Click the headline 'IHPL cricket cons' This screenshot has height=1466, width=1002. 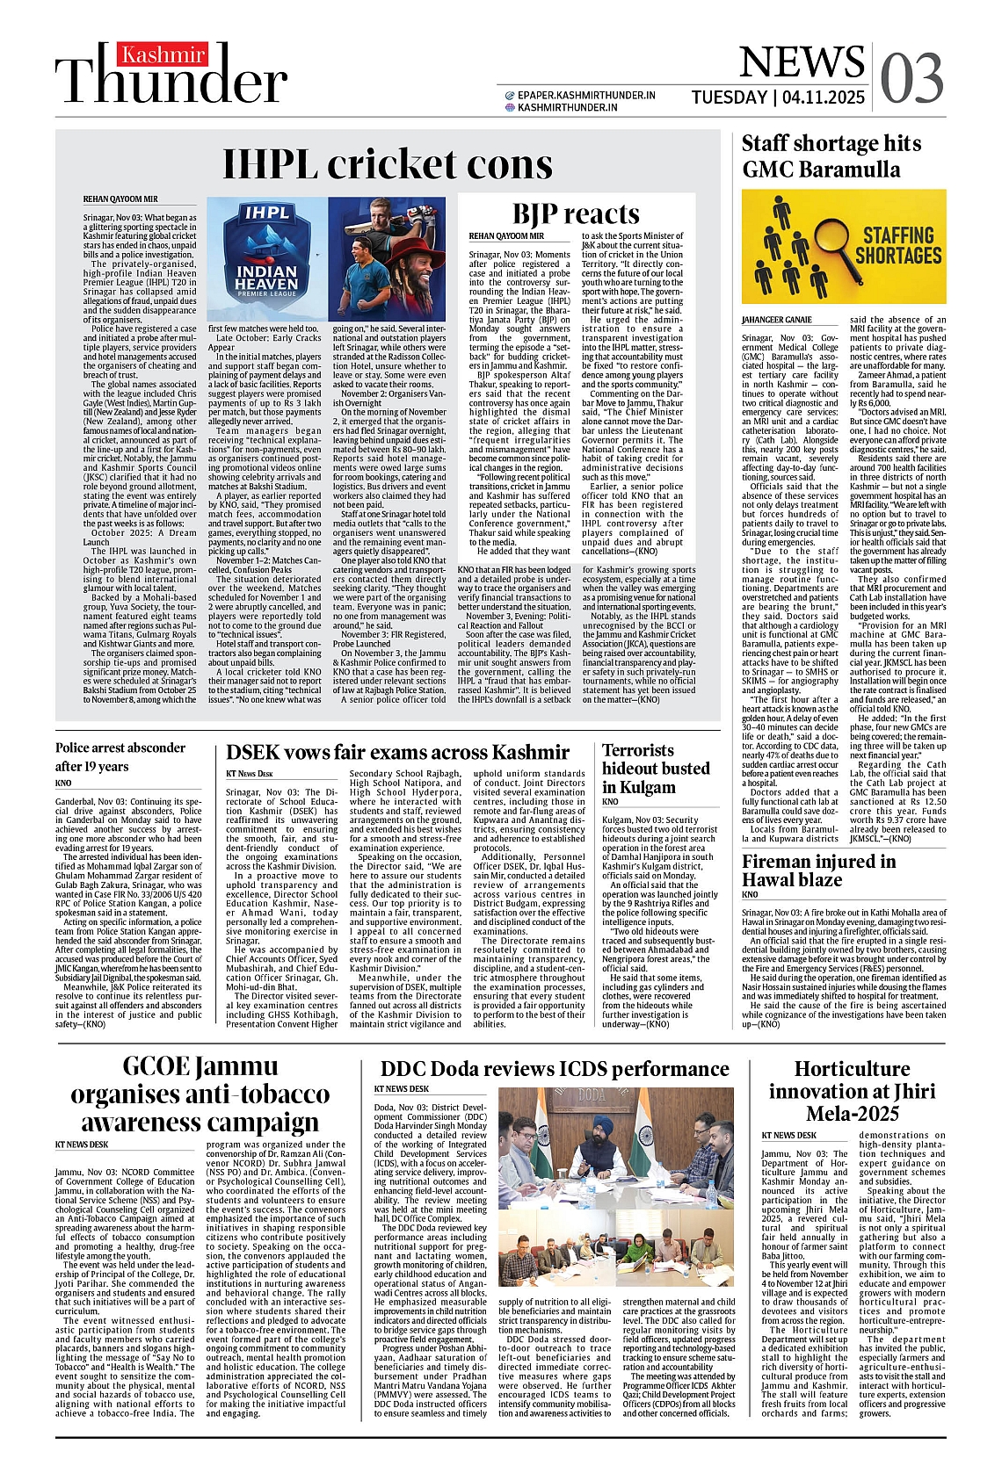point(388,164)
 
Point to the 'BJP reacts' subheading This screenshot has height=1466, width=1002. point(576,213)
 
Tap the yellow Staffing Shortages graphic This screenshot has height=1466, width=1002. point(843,247)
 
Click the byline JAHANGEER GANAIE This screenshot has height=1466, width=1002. point(777,320)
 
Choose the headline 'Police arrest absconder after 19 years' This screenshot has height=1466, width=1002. point(120,756)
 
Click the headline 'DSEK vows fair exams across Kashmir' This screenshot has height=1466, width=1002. point(397,753)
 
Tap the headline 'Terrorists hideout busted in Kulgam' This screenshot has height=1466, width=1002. point(656,769)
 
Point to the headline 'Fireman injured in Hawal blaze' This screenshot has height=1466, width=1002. point(818,870)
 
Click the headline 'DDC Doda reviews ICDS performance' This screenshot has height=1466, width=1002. point(554,1069)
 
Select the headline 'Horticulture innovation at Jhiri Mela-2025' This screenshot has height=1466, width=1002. point(852,1091)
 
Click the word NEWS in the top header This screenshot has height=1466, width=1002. point(802,61)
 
